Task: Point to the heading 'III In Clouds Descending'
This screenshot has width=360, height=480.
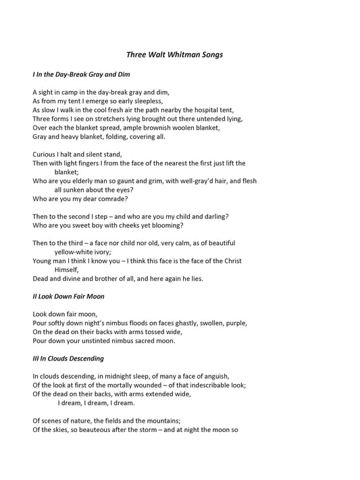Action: point(68,358)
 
